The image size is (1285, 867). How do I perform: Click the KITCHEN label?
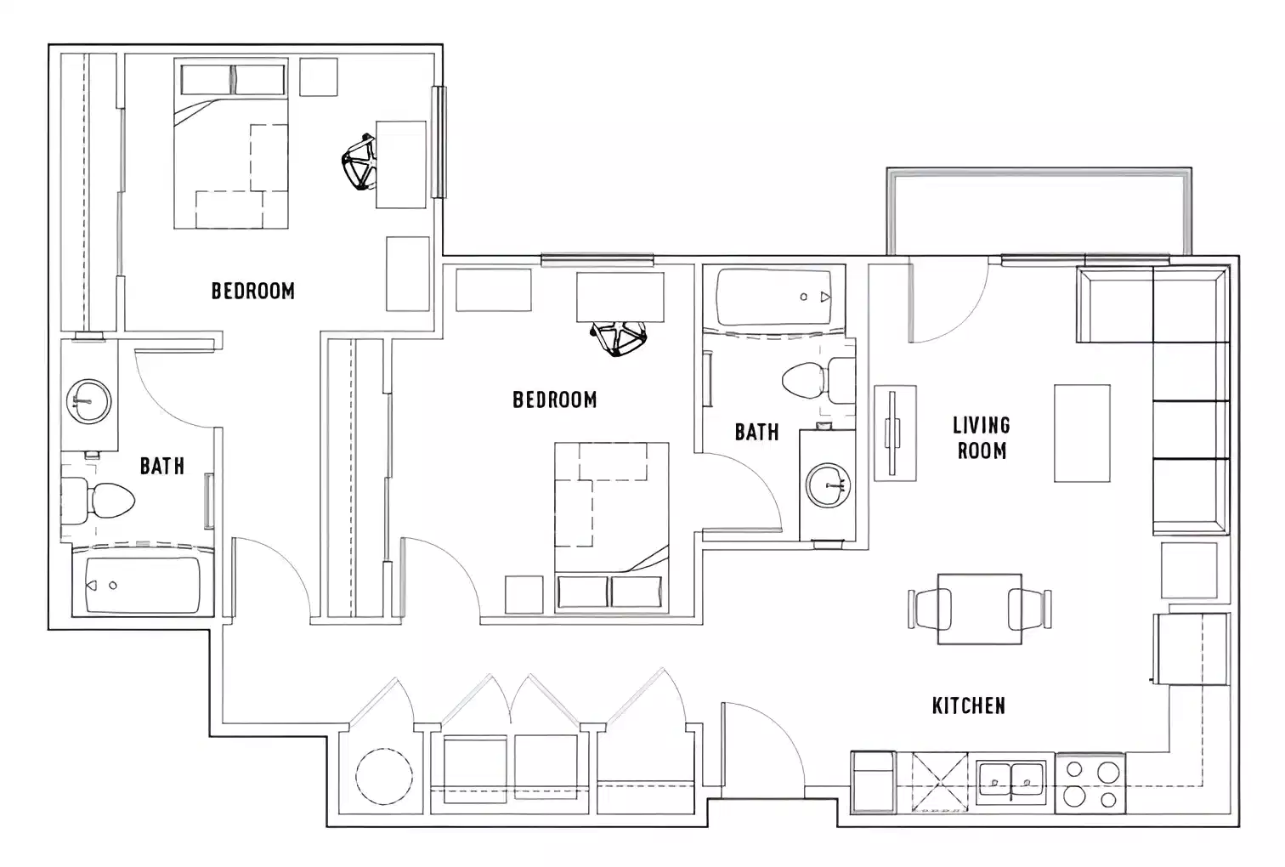pos(968,705)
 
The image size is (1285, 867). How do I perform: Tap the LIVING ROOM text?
pos(982,438)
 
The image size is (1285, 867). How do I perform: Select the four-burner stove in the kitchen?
pos(1090,784)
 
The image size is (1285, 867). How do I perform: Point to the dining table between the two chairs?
pos(979,609)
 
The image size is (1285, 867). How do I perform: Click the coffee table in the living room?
pos(1082,433)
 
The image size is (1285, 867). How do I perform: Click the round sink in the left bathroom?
pos(89,399)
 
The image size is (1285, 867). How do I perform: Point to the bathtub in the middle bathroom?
pos(779,297)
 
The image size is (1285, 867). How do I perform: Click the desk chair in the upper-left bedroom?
pos(360,162)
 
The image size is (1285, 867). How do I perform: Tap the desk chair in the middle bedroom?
pos(619,339)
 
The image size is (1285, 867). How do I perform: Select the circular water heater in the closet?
pos(384,777)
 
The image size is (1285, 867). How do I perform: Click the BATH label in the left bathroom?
pos(161,466)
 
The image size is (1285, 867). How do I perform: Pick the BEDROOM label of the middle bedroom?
pos(554,399)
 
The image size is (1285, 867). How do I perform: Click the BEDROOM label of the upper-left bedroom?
pos(252,291)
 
